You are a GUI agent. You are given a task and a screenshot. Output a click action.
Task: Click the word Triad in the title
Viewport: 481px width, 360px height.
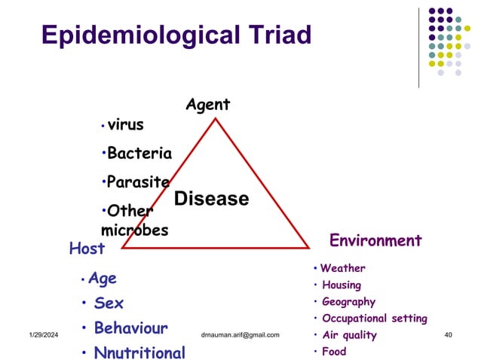(x=271, y=35)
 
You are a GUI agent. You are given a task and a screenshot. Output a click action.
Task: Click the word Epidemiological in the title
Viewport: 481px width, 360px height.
(x=130, y=35)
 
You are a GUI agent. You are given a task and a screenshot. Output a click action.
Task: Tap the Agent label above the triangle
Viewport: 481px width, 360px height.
(x=208, y=105)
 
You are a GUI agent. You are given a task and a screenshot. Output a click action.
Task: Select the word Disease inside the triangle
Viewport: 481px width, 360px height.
(x=211, y=199)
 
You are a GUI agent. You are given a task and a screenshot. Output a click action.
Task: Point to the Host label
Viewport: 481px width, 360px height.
(x=87, y=248)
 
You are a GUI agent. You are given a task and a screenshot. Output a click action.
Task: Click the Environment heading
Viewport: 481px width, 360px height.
(x=375, y=240)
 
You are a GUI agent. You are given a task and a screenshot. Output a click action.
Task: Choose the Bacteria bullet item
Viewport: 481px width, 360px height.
(x=139, y=154)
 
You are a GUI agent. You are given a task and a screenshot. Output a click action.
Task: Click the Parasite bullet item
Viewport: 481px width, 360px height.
(x=138, y=182)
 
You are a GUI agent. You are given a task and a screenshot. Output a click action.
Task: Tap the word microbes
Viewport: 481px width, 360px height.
(x=134, y=230)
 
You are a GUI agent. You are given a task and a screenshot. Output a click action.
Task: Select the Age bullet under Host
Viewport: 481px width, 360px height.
(x=103, y=279)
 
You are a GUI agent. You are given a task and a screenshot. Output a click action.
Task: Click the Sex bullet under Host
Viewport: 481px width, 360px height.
(x=109, y=304)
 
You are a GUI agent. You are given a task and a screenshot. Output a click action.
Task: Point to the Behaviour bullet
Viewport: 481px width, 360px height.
(x=130, y=328)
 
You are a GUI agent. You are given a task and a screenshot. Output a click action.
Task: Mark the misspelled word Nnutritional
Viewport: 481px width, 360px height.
(x=139, y=352)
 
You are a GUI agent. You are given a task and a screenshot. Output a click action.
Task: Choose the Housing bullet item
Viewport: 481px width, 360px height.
(x=342, y=285)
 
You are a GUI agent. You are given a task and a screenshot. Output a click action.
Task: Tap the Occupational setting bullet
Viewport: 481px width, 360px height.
(x=375, y=319)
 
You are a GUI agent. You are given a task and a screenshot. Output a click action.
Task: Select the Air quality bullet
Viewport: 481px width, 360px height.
(x=349, y=335)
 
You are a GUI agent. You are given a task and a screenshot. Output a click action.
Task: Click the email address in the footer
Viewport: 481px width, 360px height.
(x=240, y=334)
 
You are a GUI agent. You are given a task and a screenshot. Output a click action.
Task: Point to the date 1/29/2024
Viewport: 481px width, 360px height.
(x=44, y=334)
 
